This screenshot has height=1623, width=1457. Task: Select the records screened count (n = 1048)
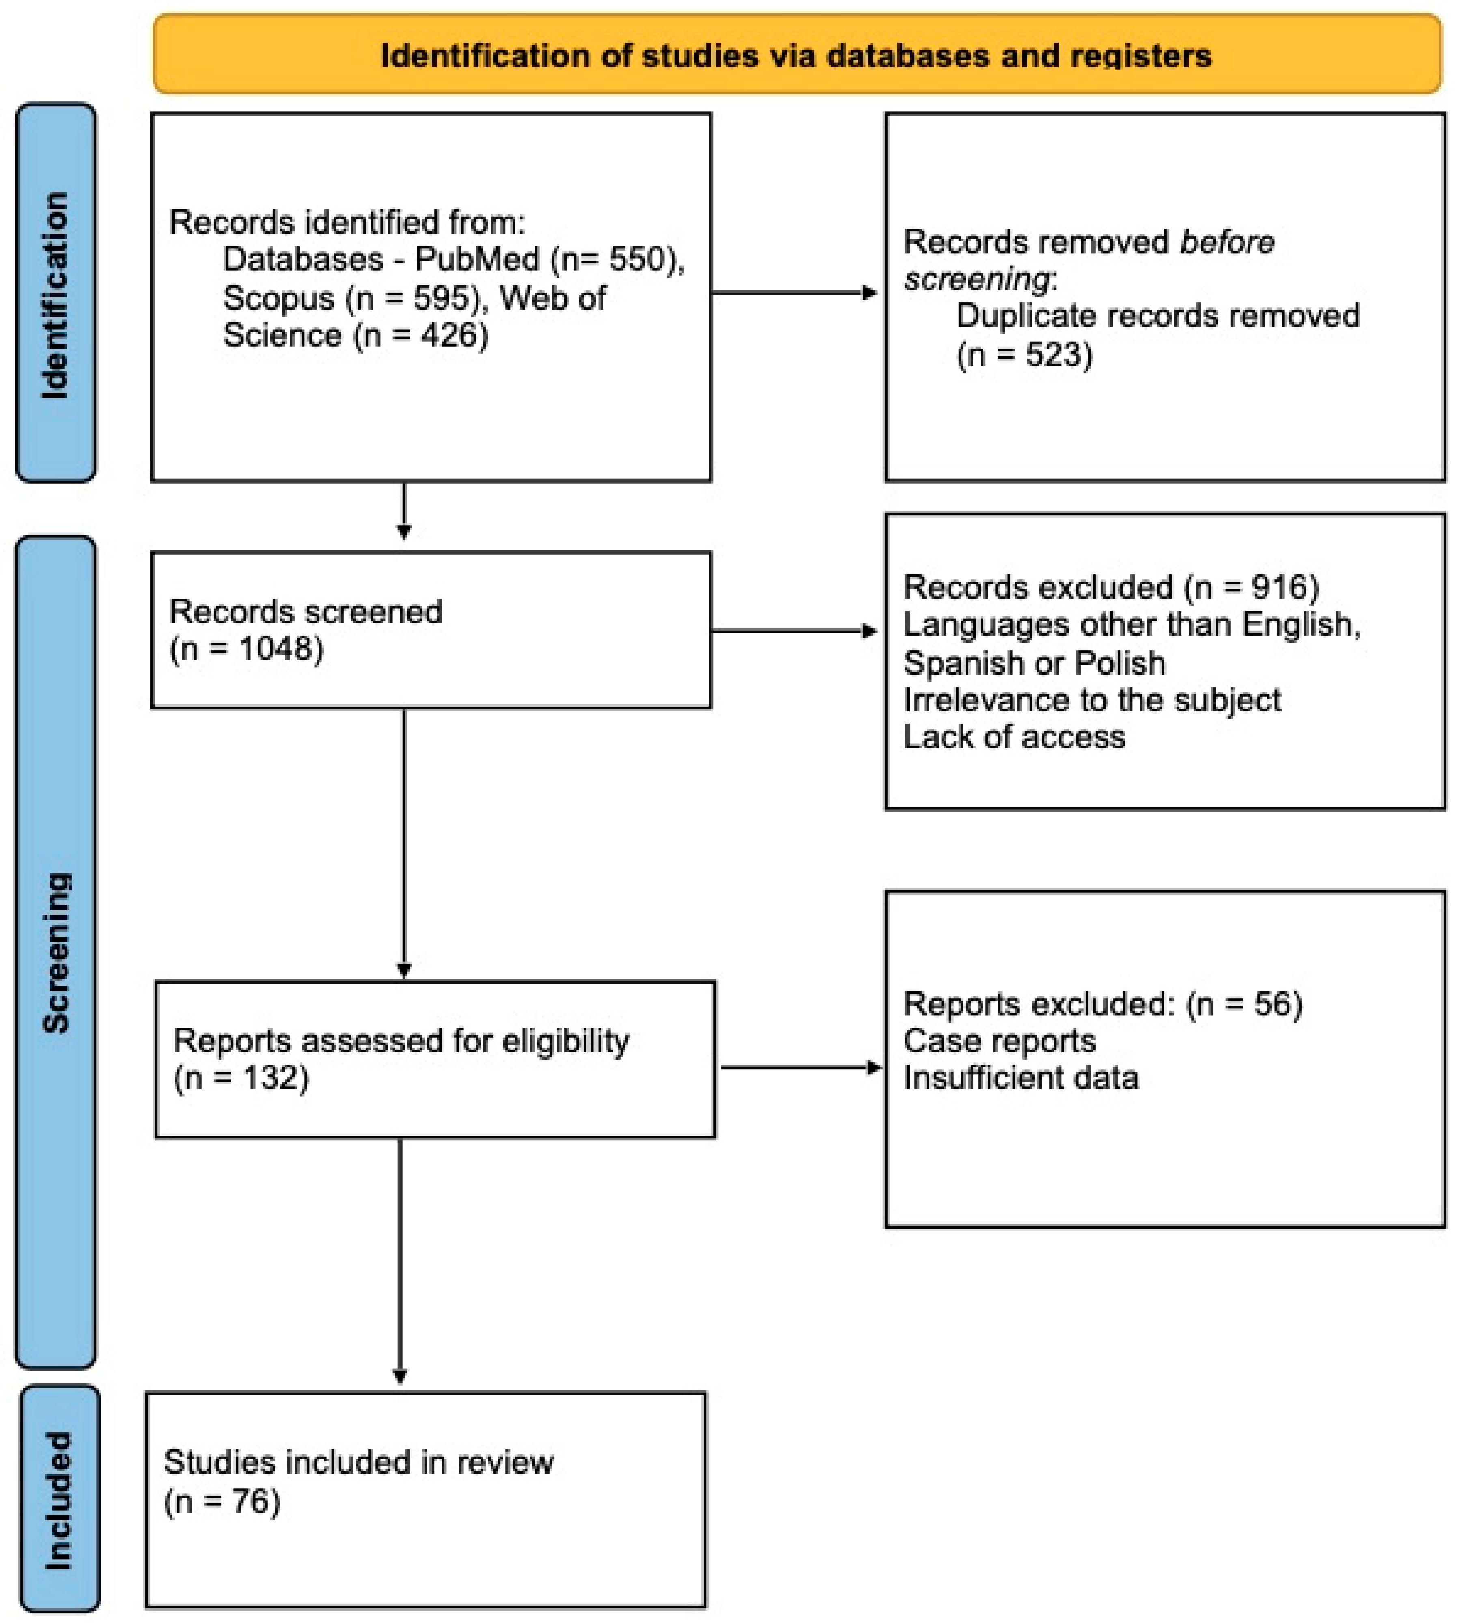point(247,649)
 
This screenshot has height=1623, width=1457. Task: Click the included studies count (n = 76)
point(222,1501)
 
